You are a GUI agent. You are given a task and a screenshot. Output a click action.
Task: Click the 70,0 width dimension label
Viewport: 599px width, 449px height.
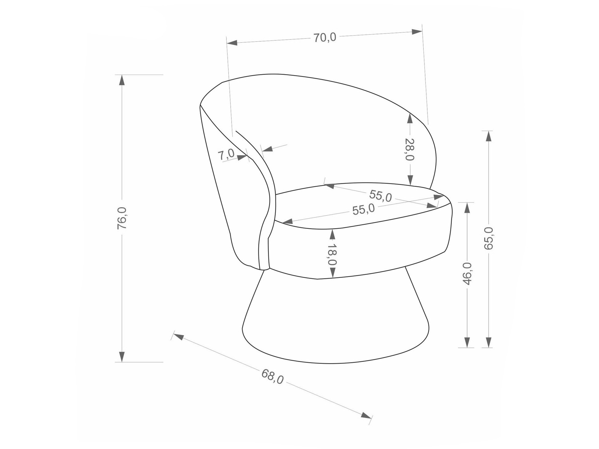[x=324, y=37]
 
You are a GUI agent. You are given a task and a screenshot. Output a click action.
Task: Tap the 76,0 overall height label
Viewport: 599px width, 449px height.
[x=122, y=218]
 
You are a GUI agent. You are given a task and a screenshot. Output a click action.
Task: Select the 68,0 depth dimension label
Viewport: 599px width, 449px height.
[x=272, y=376]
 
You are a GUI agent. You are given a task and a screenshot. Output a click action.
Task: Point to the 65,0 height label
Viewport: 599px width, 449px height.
[x=488, y=238]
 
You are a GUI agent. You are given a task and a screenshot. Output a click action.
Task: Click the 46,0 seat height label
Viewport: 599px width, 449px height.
[x=467, y=274]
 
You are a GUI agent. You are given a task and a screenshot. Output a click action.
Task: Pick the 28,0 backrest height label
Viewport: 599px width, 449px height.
[x=410, y=149]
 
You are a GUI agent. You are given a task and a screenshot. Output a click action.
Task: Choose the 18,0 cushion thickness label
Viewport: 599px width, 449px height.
[x=332, y=255]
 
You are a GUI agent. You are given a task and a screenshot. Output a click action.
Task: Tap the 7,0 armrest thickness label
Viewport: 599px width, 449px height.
[x=226, y=154]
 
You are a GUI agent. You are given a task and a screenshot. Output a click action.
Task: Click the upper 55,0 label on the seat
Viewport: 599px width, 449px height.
[x=380, y=196]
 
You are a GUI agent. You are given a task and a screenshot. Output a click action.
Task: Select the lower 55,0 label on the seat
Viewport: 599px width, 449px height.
[x=363, y=209]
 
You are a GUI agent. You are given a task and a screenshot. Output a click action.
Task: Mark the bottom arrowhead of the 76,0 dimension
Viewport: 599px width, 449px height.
[x=122, y=357]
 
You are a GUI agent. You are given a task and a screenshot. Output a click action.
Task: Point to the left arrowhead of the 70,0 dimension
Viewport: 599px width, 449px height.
[x=232, y=43]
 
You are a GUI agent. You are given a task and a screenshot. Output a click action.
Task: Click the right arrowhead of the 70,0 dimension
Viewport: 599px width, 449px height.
[x=417, y=32]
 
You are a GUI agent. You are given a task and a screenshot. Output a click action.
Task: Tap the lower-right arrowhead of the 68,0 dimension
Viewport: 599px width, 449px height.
[x=366, y=416]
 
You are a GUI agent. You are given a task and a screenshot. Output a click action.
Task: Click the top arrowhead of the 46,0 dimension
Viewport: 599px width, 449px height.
[x=467, y=208]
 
